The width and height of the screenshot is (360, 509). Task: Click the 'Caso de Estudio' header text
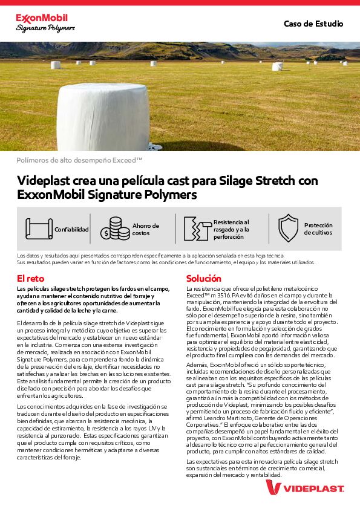313,24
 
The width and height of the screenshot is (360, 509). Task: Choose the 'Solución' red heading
203,279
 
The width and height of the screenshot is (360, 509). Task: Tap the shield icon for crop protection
288,229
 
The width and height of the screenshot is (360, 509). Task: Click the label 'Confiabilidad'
71,230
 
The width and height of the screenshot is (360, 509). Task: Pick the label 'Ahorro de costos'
145,229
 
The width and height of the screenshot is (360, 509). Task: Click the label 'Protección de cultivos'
318,229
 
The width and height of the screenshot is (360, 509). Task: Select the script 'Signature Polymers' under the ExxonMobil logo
45,28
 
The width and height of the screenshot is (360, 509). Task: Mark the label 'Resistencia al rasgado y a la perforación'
231,229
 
